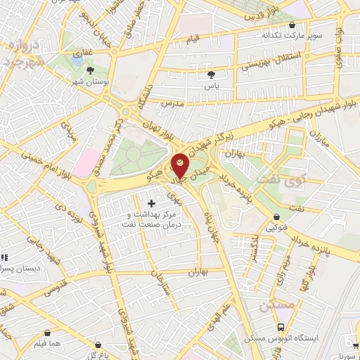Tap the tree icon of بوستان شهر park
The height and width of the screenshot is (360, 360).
(x=90, y=70)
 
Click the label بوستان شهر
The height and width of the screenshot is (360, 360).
(x=90, y=82)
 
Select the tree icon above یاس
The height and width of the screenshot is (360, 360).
(x=212, y=73)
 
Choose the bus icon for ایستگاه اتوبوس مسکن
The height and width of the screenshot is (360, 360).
(x=281, y=327)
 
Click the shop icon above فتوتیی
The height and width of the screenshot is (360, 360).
(x=276, y=217)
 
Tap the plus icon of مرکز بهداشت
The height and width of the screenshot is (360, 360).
(x=151, y=203)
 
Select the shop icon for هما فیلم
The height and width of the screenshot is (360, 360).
(x=46, y=333)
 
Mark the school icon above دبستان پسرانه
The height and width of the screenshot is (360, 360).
(x=3, y=258)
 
